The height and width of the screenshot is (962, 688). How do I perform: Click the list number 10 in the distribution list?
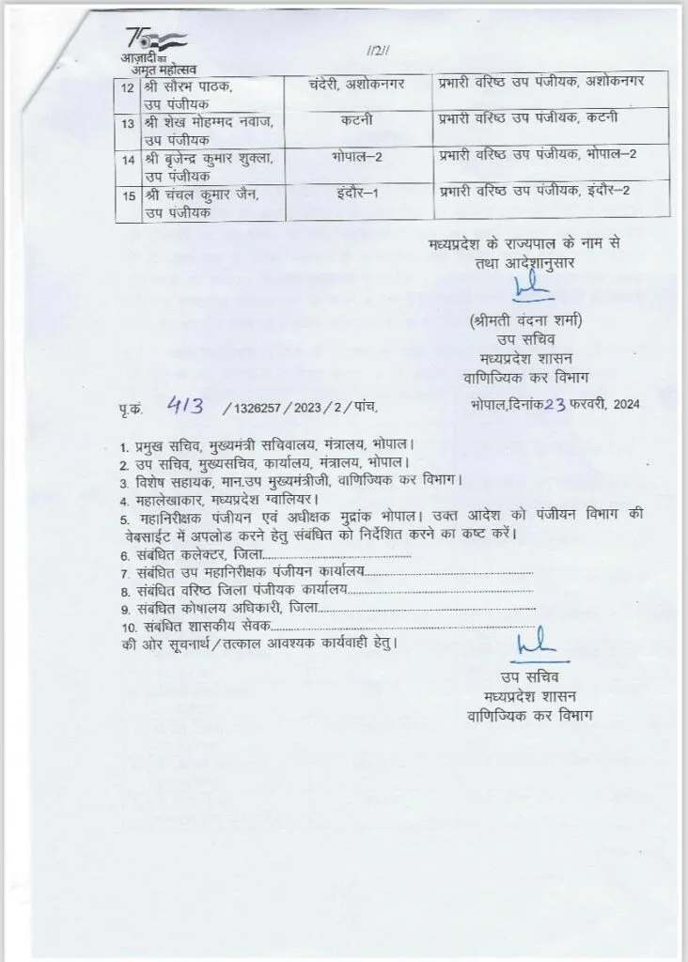pos(125,627)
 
